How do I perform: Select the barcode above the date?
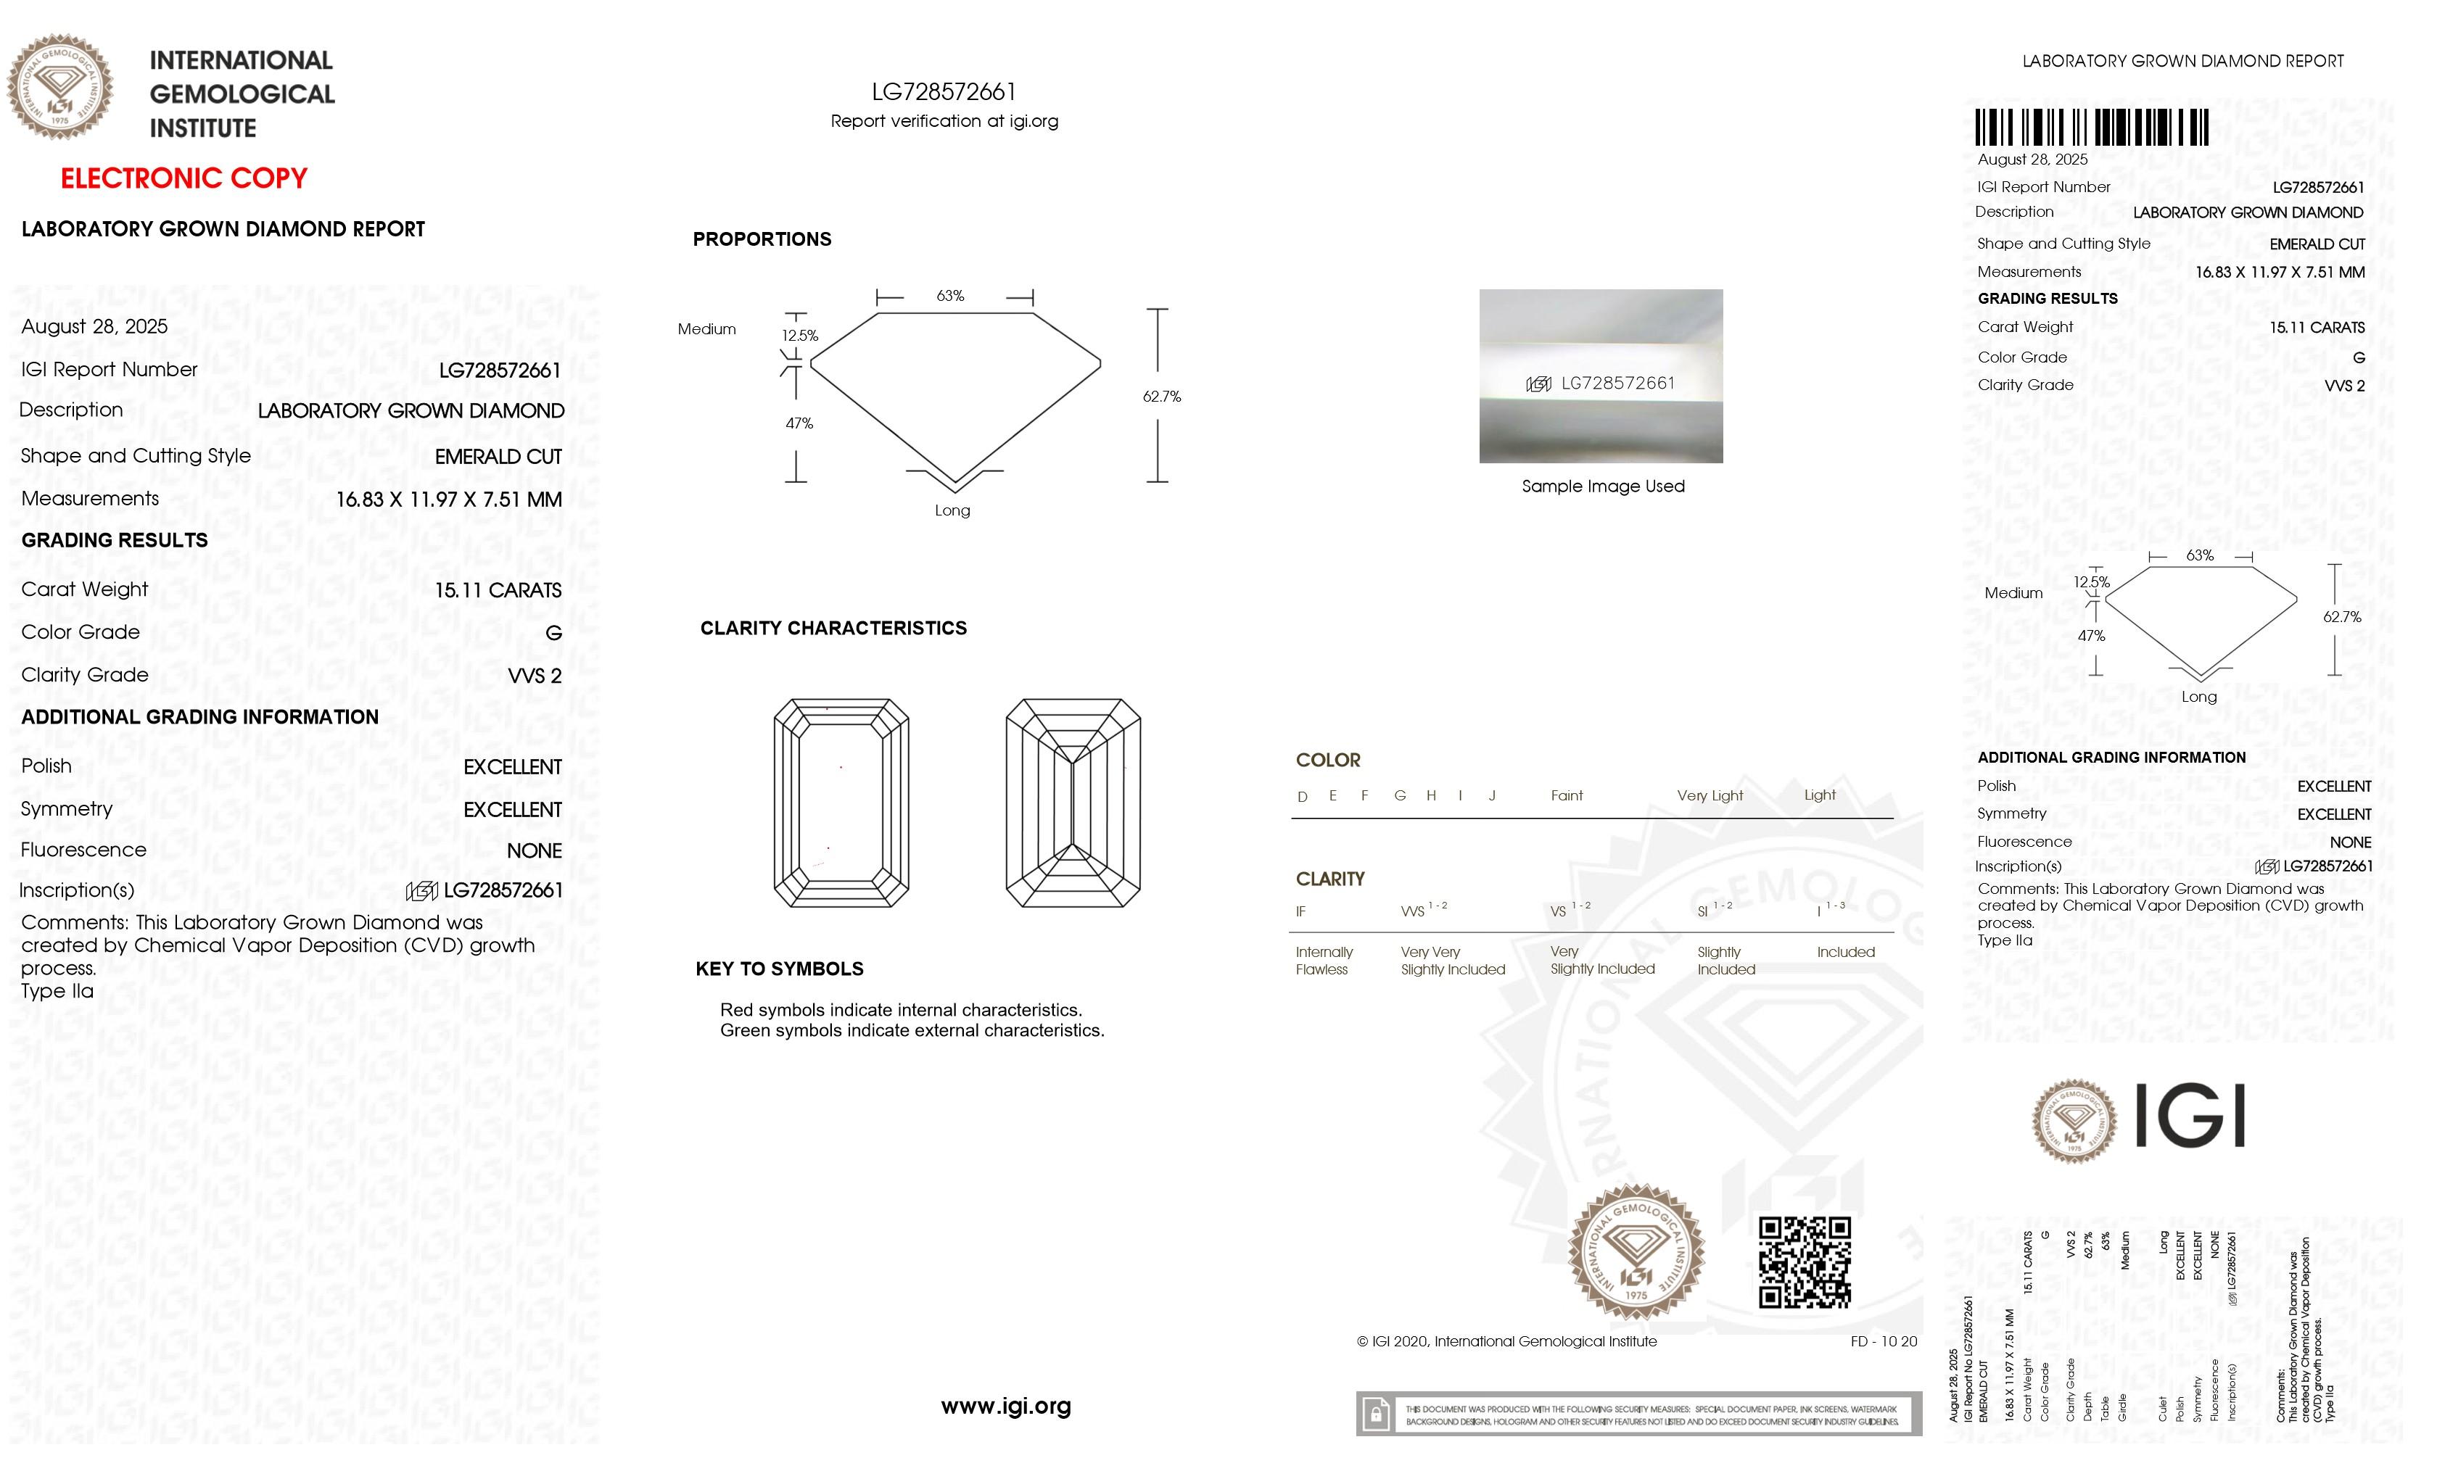2092,128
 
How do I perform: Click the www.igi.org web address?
1006,1406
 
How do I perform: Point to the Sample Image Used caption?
1602,486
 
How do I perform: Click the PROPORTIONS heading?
762,239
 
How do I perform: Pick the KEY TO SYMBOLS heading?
780,969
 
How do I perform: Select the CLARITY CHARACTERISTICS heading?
833,629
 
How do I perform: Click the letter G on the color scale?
1400,796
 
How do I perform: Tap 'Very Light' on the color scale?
1709,796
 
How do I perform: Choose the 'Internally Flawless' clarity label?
1324,960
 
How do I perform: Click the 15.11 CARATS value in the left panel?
498,590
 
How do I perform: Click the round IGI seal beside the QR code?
1637,1251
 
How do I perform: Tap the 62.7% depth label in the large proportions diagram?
1161,397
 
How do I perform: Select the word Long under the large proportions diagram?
952,511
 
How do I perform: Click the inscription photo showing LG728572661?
1600,377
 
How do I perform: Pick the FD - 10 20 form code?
1883,1341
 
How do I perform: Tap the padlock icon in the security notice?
1374,1414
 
